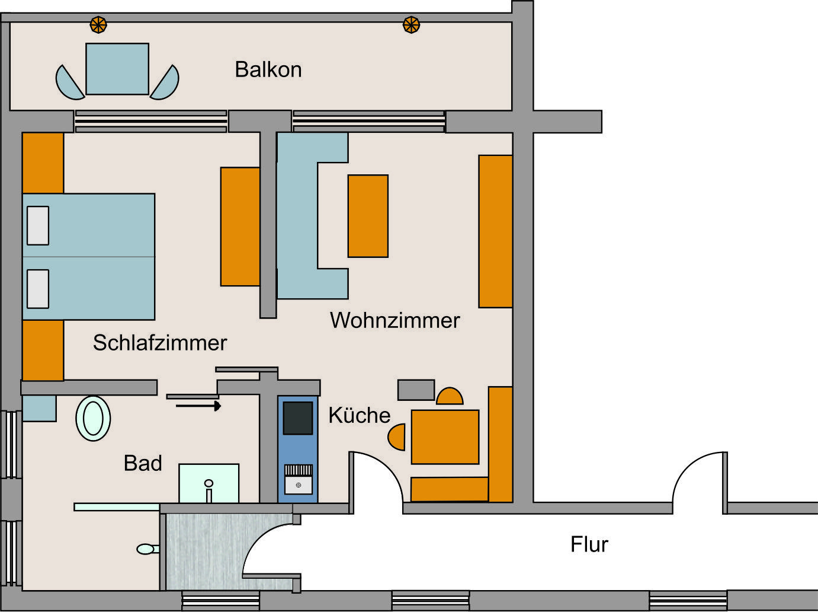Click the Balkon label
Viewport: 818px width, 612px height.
268,69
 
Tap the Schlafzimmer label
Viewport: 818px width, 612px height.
160,343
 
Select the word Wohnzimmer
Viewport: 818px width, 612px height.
395,320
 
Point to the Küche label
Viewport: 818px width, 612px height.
360,415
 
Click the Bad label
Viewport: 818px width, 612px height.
143,463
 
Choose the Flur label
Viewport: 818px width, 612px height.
589,544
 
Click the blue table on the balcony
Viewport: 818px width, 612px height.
117,69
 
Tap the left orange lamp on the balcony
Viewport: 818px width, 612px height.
98,25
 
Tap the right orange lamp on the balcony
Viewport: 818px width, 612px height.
412,25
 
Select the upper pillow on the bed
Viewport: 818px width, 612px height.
38,225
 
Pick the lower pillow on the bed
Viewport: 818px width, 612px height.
38,289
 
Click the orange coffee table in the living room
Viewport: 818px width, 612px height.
368,216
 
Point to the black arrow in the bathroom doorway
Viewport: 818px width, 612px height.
198,406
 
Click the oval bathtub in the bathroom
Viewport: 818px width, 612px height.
93,419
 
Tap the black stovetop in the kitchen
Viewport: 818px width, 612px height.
298,418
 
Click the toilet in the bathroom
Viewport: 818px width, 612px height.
148,549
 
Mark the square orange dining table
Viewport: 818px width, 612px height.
445,437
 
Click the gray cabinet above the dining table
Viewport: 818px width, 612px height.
416,390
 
